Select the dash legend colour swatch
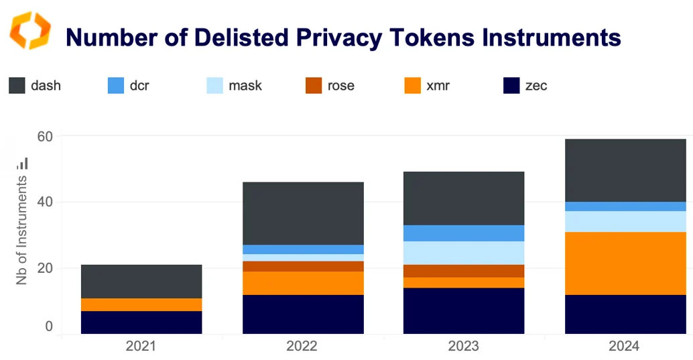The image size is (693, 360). coord(17,86)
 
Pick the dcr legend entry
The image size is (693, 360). coord(127,86)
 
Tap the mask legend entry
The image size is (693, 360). coord(234,86)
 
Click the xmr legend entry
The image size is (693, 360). coord(428,86)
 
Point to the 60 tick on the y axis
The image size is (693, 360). coord(45,137)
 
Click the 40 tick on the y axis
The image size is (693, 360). coord(45,202)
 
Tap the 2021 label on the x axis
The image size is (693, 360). coord(141,347)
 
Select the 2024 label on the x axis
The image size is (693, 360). coord(625,347)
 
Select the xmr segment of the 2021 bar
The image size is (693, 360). coord(141,304)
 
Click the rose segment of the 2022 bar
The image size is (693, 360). coord(303,266)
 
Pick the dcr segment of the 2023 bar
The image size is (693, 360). coord(464,233)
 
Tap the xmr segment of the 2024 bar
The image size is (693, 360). coord(625,263)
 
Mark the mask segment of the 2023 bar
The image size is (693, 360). coord(464,253)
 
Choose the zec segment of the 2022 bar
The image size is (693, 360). coord(303,314)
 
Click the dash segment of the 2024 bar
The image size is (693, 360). coord(625,170)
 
